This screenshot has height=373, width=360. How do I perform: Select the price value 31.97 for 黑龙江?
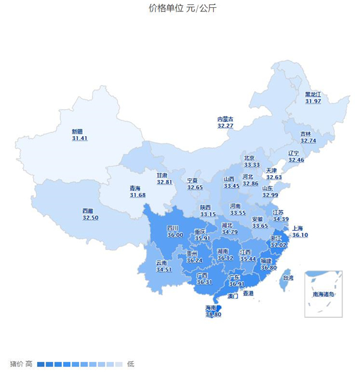tap(313, 101)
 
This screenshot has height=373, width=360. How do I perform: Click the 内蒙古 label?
tap(225, 119)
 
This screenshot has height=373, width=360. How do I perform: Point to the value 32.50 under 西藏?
tap(90, 218)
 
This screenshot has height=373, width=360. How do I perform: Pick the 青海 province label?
tap(137, 188)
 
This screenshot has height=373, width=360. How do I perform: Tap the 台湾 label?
tap(288, 278)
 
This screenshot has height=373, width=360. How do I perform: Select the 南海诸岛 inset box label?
tap(323, 294)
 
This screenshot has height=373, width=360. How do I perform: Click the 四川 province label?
tap(173, 228)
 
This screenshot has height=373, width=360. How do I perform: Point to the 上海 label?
tap(298, 228)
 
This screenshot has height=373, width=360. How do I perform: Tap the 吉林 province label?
tap(306, 134)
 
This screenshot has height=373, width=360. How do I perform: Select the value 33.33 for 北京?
tap(252, 165)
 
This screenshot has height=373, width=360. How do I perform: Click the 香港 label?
tap(247, 293)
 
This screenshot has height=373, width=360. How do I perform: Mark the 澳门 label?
tap(233, 296)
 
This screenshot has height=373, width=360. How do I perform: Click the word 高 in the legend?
tap(29, 364)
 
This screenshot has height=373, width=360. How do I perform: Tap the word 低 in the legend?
tap(130, 364)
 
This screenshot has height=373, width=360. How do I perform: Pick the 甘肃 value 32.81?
tap(164, 182)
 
